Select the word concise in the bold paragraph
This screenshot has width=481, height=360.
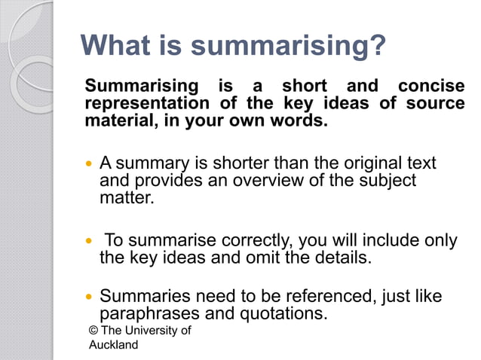point(431,86)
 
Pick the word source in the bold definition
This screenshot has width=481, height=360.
point(436,103)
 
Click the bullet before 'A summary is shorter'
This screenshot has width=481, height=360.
point(90,163)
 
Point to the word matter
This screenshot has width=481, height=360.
point(127,199)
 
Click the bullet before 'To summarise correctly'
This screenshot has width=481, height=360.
point(90,241)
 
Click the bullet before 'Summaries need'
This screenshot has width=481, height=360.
point(90,297)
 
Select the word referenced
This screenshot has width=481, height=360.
point(325,297)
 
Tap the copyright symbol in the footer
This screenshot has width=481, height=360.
point(93,331)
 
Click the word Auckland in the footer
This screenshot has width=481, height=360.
point(114,345)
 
